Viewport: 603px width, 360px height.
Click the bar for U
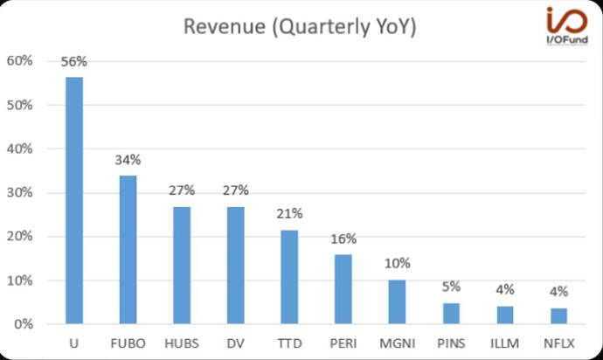pos(74,201)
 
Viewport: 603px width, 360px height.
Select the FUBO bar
pos(128,250)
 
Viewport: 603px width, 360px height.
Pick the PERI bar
pos(343,289)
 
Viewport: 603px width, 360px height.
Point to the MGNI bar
pos(397,302)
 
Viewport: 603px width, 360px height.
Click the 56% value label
pos(74,61)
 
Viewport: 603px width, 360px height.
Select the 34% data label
pos(128,160)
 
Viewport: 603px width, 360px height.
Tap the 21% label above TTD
pos(289,214)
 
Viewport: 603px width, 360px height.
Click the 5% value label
pos(451,287)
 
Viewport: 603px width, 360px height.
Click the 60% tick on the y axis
pos(20,61)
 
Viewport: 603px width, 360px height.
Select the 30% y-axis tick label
pos(20,193)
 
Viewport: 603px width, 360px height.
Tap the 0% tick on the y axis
pos(23,324)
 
